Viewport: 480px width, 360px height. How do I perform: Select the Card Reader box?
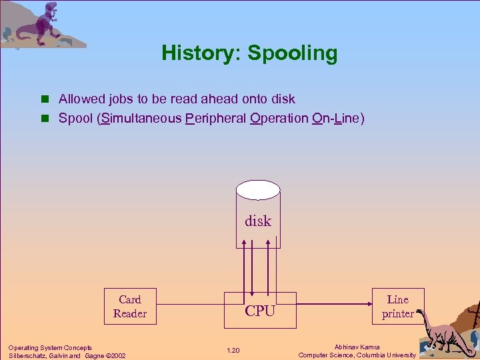tap(130, 307)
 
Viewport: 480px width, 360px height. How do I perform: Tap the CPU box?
tap(259, 311)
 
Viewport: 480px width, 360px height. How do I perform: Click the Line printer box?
tap(397, 307)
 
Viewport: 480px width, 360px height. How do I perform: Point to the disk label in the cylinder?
tap(258, 221)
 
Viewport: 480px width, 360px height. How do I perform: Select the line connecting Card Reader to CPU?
tap(190, 307)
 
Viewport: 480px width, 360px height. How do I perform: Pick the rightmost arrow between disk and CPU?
tap(269, 270)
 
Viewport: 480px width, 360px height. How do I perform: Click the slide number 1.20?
tap(233, 351)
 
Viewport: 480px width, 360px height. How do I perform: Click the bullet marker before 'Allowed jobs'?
tap(45, 99)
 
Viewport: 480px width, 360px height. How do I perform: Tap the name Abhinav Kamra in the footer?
tap(357, 347)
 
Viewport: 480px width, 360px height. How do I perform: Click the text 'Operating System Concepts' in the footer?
tap(50, 347)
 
